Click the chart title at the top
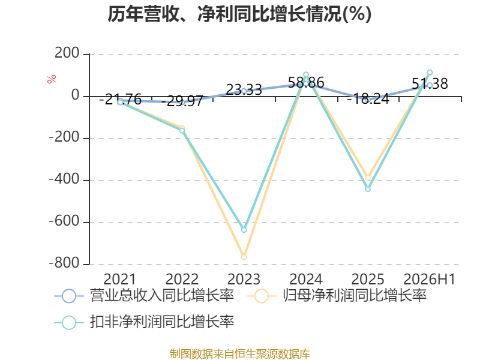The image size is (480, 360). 239,14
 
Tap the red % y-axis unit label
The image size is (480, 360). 52,79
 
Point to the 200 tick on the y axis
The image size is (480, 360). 67,53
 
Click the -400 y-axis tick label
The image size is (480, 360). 64,179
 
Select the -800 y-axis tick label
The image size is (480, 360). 64,263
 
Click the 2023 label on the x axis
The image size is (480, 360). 244,279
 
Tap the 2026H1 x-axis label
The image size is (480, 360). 429,279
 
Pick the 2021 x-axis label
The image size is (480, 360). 119,279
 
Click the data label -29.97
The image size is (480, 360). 182,101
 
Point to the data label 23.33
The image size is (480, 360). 244,90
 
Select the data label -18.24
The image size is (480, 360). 368,98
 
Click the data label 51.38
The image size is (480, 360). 430,83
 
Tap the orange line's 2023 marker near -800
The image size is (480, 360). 244,257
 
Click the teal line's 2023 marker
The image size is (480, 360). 244,230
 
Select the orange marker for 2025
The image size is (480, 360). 368,178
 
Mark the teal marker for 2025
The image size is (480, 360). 368,189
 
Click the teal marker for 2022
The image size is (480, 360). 182,130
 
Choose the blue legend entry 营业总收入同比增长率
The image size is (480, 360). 144,296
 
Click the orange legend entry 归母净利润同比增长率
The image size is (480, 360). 337,296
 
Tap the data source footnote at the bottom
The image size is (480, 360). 240,353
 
